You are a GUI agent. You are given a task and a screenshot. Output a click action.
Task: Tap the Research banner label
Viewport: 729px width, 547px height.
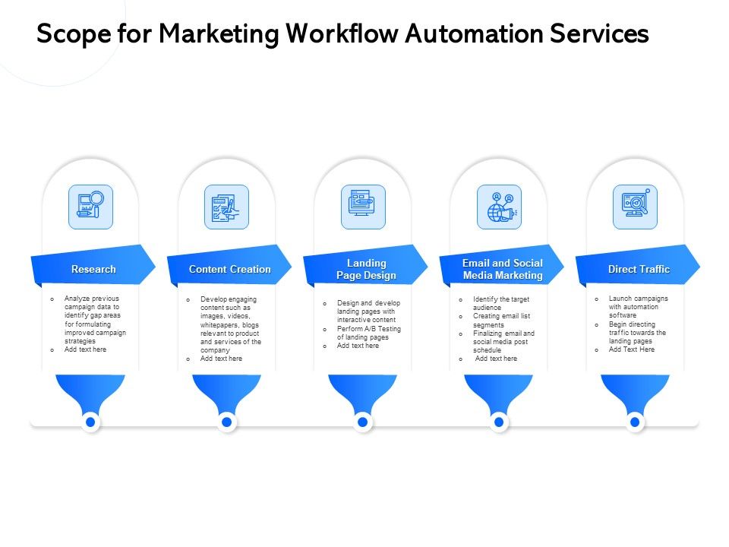tap(93, 270)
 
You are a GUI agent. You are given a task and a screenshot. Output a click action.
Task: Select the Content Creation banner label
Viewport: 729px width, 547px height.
tap(229, 270)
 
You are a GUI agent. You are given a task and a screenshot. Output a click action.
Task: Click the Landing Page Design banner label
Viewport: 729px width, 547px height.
tap(366, 270)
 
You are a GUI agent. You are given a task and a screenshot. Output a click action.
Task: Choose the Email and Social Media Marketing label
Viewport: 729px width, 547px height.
tap(503, 270)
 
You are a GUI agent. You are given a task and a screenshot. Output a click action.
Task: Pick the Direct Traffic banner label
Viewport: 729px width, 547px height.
tap(639, 270)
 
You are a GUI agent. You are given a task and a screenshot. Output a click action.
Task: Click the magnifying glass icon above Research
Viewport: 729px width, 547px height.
tap(90, 207)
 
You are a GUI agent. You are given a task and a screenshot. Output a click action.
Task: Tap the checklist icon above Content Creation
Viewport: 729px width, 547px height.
tap(226, 207)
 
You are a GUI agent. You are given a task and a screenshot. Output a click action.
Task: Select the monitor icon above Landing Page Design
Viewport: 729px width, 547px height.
tap(363, 207)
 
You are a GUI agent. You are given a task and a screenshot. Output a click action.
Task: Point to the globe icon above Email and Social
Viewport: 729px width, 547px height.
tap(499, 207)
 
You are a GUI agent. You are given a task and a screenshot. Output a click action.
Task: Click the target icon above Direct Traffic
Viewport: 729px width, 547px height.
tap(635, 207)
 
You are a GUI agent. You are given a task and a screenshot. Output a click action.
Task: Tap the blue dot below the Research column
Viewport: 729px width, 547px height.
tap(90, 422)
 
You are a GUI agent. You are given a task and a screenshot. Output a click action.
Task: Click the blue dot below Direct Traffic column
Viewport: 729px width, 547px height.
tap(635, 422)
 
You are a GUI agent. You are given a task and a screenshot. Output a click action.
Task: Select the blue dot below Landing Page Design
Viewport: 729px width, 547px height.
tap(363, 422)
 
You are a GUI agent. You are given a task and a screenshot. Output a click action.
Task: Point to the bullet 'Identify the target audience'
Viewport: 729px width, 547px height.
tap(500, 303)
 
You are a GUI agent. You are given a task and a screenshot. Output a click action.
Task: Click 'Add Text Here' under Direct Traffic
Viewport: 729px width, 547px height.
tap(631, 349)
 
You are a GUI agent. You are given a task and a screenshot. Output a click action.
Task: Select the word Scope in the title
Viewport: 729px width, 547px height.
tap(66, 34)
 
